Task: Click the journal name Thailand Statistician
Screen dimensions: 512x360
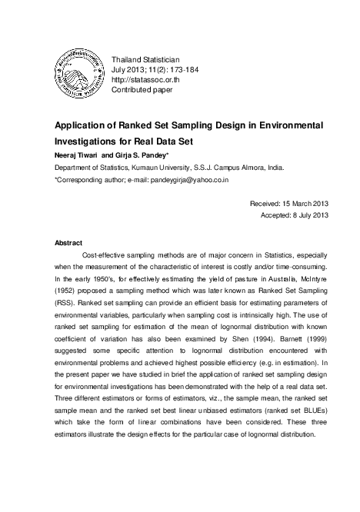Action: [145, 58]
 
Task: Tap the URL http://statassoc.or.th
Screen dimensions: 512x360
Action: [147, 79]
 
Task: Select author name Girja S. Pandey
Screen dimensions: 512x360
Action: [143, 155]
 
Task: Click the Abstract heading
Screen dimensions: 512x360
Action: [68, 242]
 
